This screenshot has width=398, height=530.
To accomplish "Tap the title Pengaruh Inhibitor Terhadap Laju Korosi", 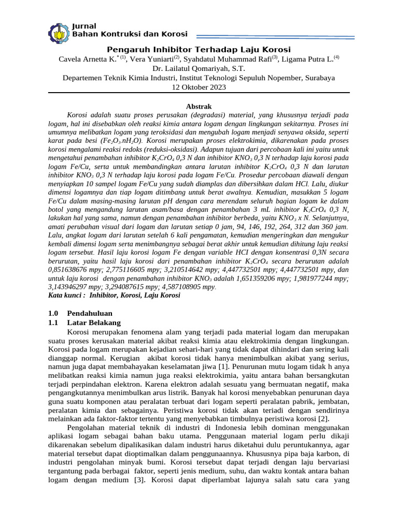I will point(198,49).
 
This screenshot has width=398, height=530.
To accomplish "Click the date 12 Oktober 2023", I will point(198,87).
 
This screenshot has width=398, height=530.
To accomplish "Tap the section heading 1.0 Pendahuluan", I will point(80,314).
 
